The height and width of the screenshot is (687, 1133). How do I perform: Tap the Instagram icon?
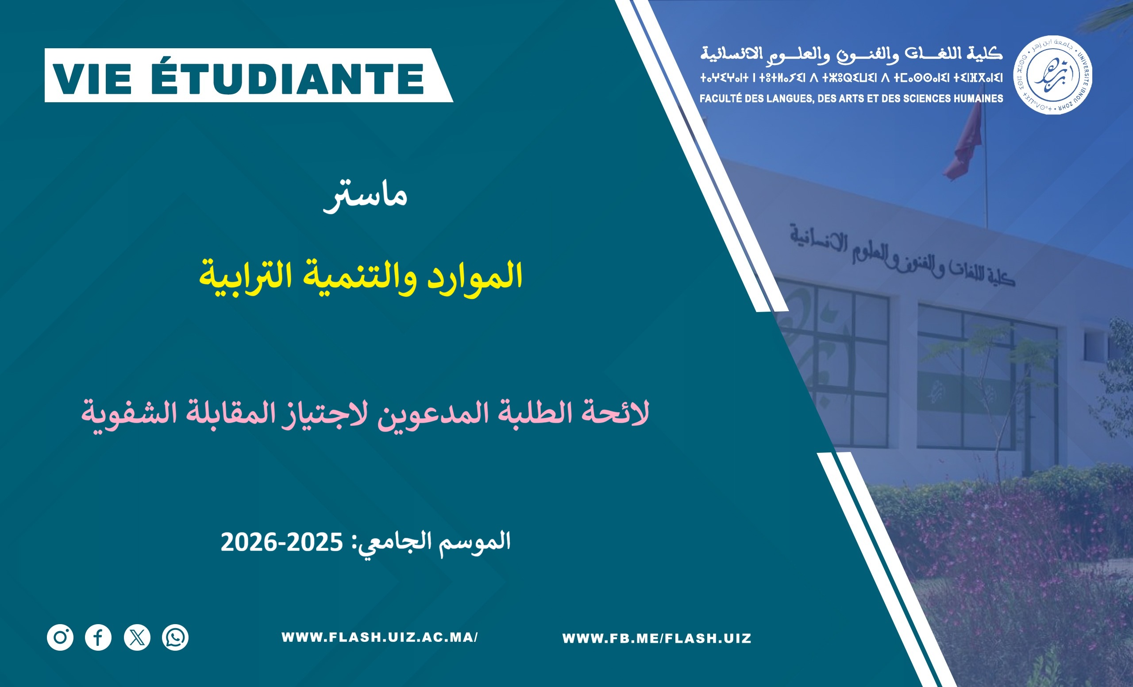pyautogui.click(x=60, y=637)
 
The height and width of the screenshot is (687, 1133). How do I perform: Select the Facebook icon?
pyautogui.click(x=98, y=637)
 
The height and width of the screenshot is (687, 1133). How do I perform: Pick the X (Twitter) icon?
pyautogui.click(x=137, y=637)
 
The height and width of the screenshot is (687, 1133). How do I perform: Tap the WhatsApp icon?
pyautogui.click(x=175, y=637)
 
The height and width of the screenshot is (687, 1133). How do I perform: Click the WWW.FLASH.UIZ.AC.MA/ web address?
pyautogui.click(x=380, y=637)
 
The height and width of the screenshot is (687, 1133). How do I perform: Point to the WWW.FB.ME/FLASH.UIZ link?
pyautogui.click(x=657, y=638)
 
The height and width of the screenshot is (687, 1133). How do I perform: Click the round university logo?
pyautogui.click(x=1052, y=75)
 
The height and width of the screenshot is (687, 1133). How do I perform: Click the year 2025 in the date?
pyautogui.click(x=315, y=542)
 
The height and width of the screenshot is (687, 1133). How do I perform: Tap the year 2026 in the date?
pyautogui.click(x=249, y=542)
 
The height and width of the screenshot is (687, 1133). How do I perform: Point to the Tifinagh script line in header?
pyautogui.click(x=851, y=78)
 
